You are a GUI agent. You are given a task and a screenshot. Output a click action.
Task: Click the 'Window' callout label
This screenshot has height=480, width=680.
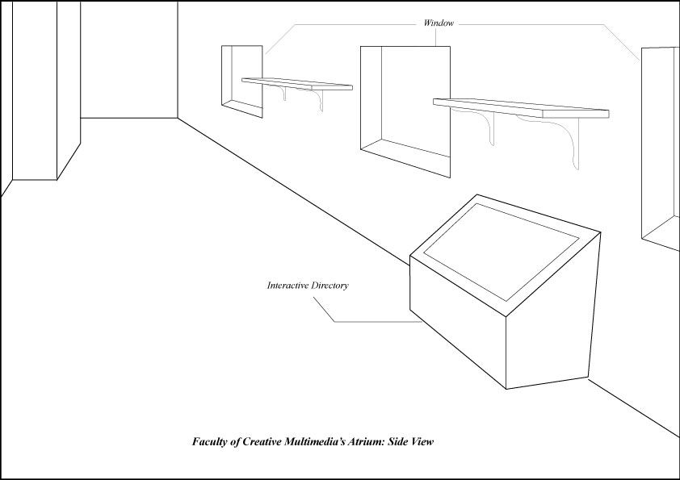pyautogui.click(x=439, y=23)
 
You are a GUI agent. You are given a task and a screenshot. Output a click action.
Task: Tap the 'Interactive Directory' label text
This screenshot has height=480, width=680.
pyautogui.click(x=307, y=286)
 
